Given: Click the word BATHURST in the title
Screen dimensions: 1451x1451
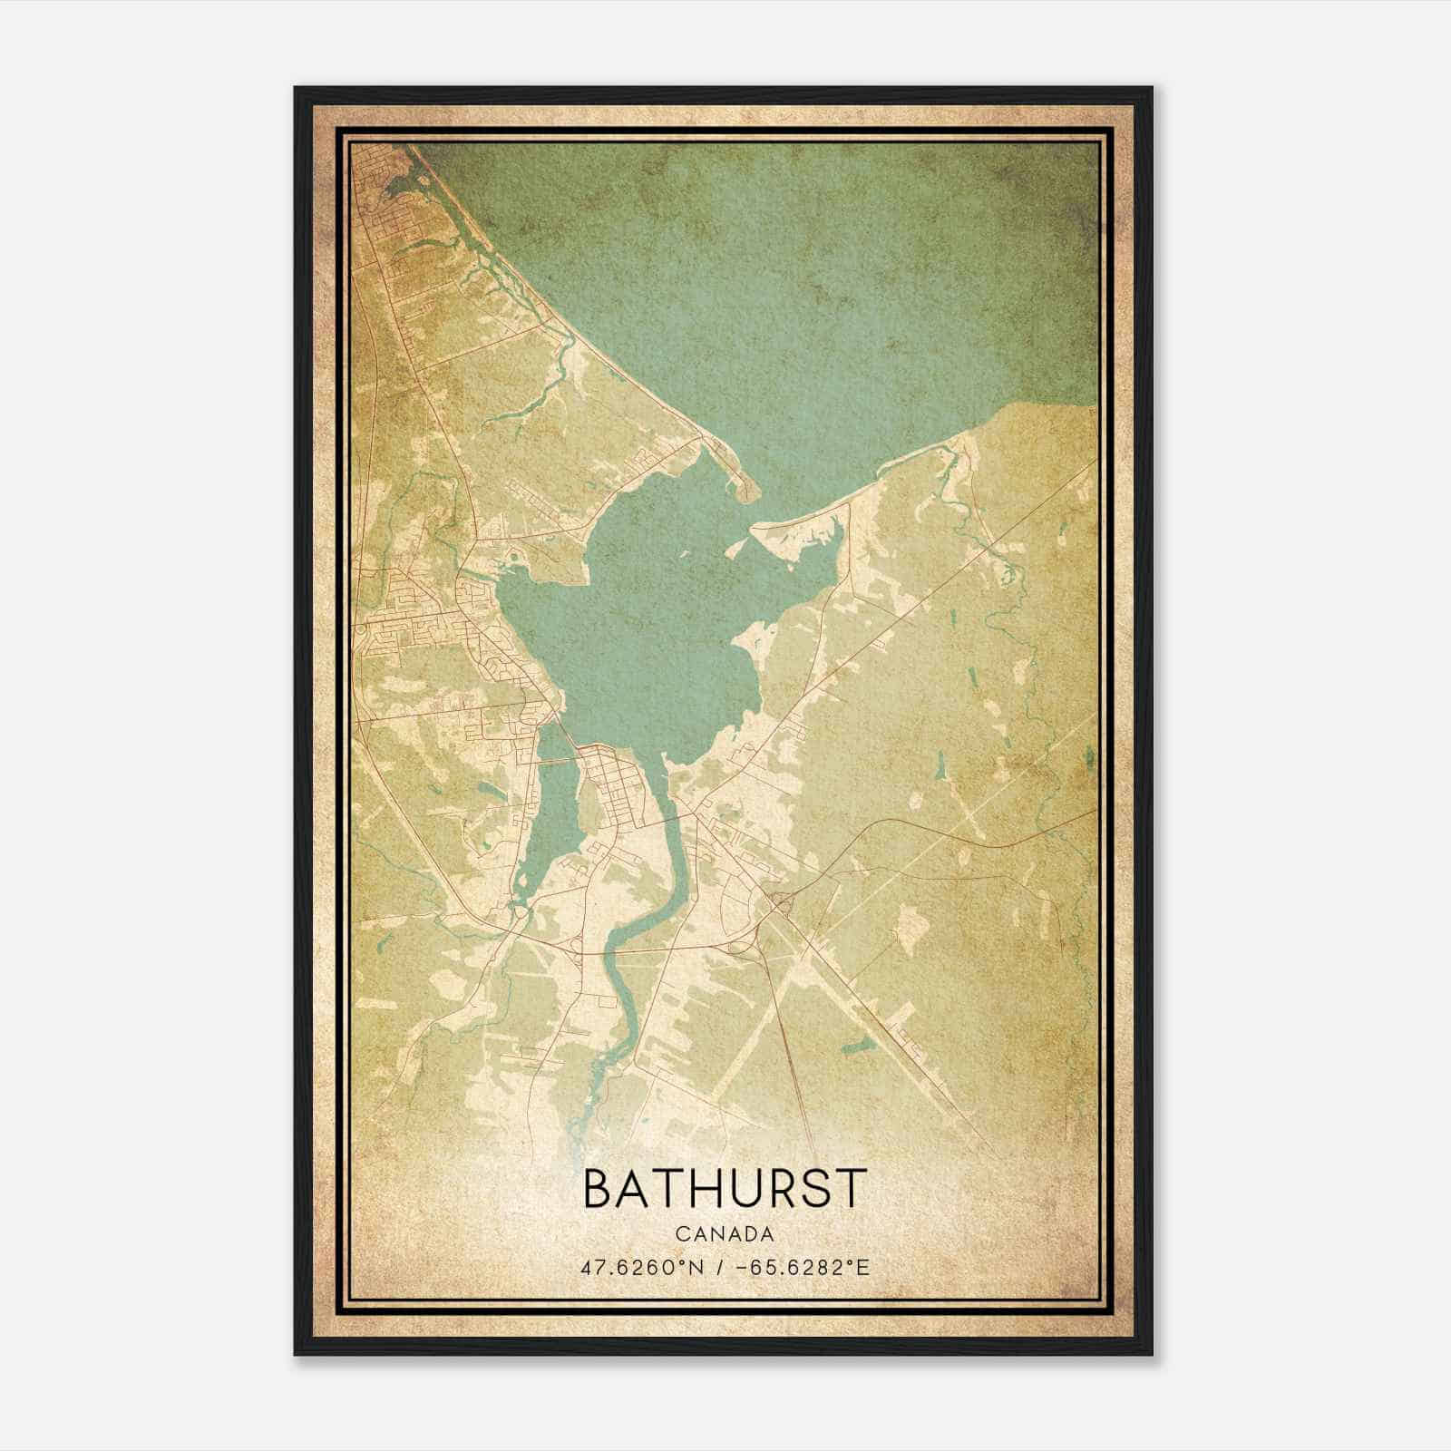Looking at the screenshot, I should coord(725,1189).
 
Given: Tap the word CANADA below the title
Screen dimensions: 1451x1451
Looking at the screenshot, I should coord(725,1234).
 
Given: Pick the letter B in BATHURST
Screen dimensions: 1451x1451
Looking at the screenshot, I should coord(599,1189).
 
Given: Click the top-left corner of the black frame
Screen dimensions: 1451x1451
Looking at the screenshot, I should coord(297,89).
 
